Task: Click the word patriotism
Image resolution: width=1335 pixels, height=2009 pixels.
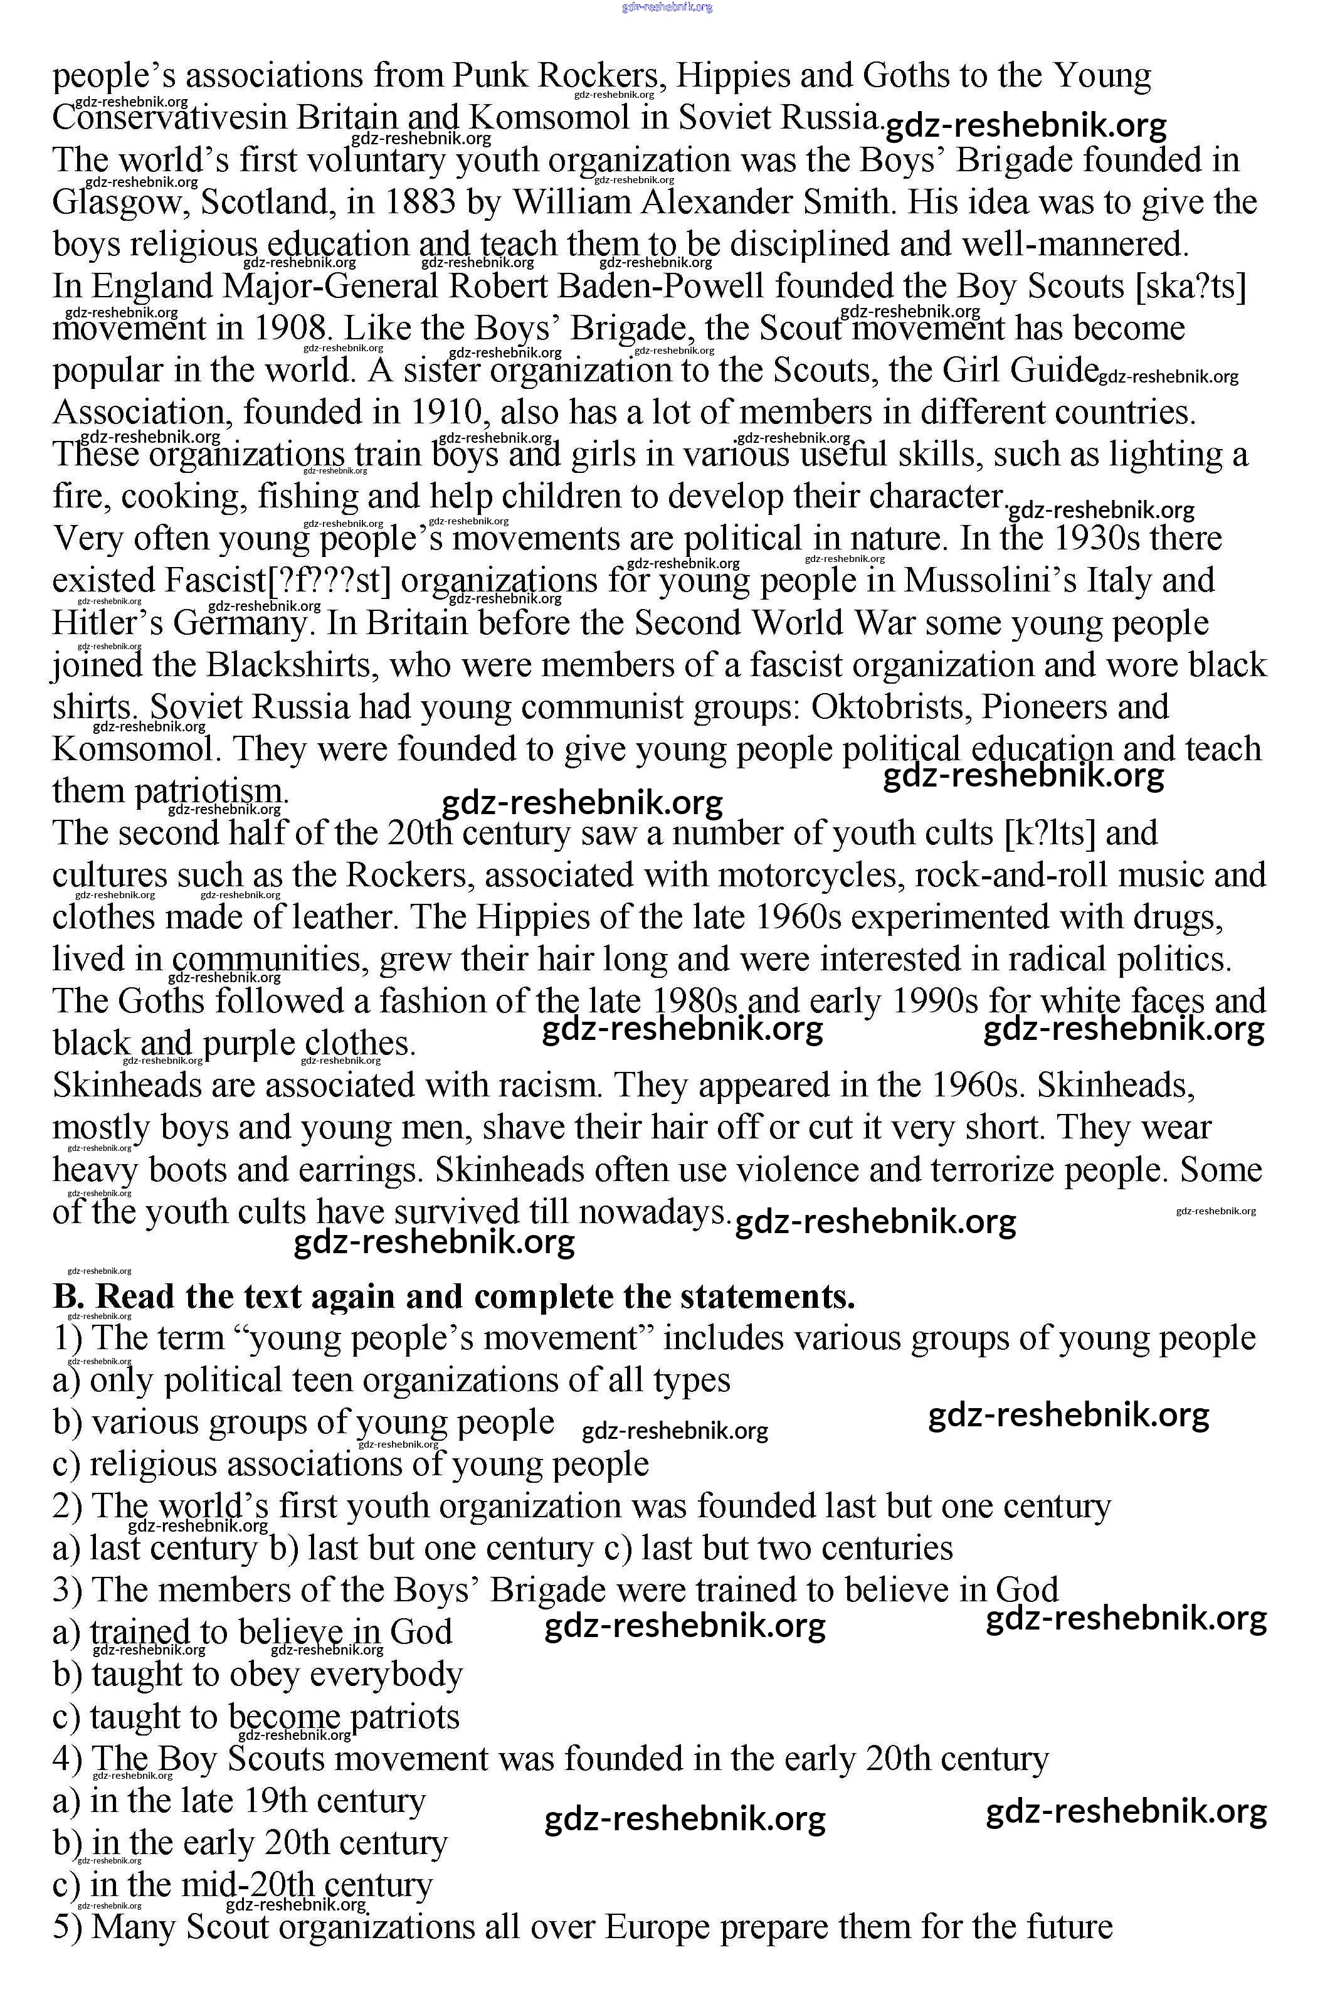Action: point(213,791)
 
